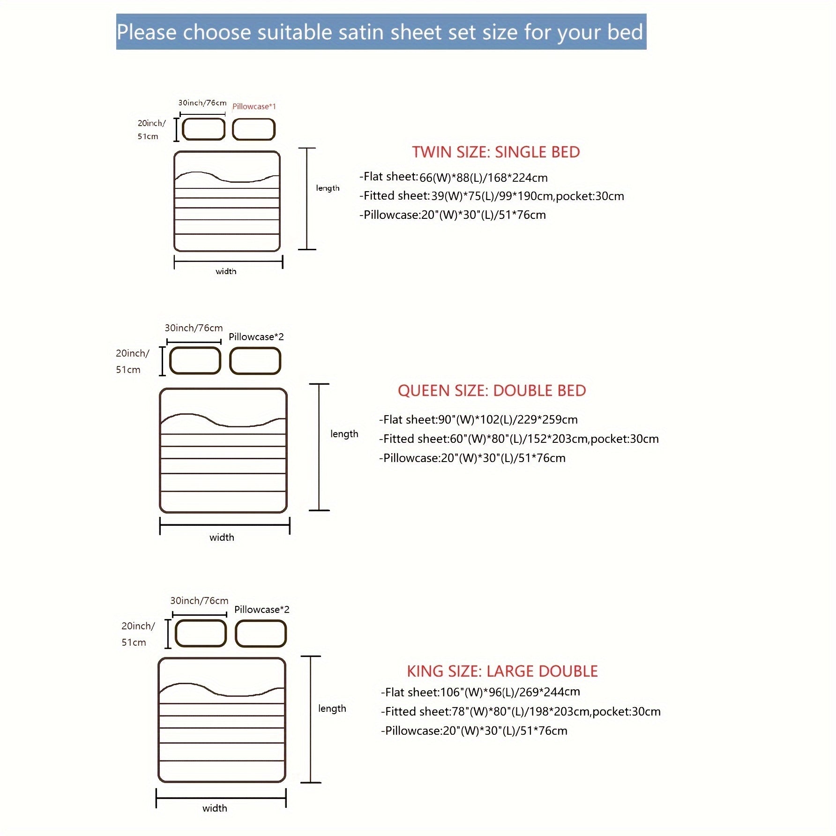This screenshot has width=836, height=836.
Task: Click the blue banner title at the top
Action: pyautogui.click(x=381, y=32)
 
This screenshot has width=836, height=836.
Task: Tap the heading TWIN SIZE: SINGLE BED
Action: pyautogui.click(x=496, y=152)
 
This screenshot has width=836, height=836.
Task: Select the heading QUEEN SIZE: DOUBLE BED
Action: pyautogui.click(x=492, y=391)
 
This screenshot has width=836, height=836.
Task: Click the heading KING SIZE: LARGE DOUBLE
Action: pyautogui.click(x=502, y=671)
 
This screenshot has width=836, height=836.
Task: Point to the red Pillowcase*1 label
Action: pyautogui.click(x=254, y=107)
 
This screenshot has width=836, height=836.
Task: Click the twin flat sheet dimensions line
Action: pyautogui.click(x=453, y=178)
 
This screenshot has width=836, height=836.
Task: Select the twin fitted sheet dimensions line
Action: pyautogui.click(x=492, y=196)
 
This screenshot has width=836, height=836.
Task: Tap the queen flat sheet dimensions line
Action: pyautogui.click(x=478, y=419)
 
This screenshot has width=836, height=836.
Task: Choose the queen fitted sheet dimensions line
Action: pyautogui.click(x=519, y=439)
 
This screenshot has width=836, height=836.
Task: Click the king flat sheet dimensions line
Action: pyautogui.click(x=480, y=692)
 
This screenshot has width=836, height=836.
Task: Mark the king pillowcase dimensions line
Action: pyautogui.click(x=474, y=731)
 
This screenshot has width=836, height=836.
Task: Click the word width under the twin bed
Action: pyautogui.click(x=226, y=271)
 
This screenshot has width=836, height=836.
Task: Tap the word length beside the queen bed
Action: pyautogui.click(x=344, y=434)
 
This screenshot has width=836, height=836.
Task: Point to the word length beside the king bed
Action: pyautogui.click(x=332, y=709)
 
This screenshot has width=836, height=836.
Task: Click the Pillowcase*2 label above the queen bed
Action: pyautogui.click(x=256, y=337)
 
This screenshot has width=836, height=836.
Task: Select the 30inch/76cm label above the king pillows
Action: pyautogui.click(x=199, y=601)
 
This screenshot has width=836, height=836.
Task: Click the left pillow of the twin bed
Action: pyautogui.click(x=203, y=129)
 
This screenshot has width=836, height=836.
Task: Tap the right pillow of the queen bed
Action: pyautogui.click(x=255, y=361)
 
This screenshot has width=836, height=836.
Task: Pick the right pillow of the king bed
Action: pyautogui.click(x=261, y=634)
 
